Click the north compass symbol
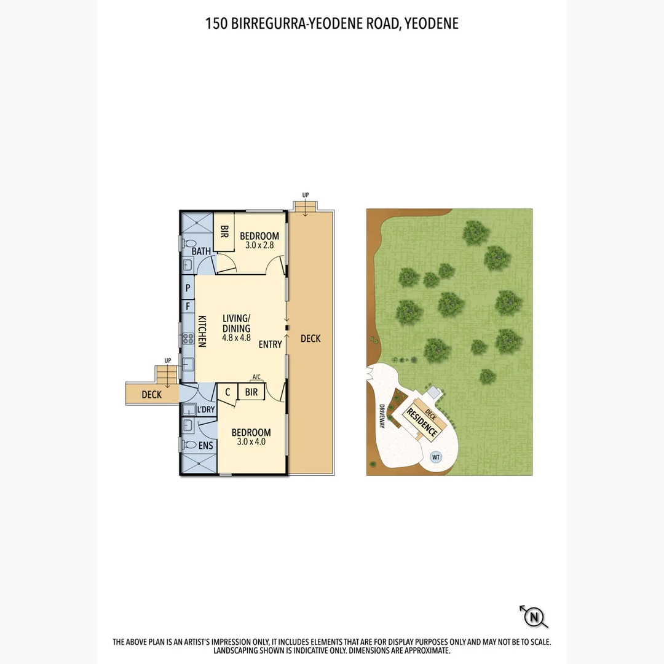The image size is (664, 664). [534, 616]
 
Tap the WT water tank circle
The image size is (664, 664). [436, 457]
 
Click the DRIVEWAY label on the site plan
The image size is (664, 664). [382, 416]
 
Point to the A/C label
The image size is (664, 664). [256, 377]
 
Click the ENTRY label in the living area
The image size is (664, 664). [270, 344]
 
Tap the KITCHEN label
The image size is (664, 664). [202, 331]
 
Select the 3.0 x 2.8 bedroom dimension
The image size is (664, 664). [259, 245]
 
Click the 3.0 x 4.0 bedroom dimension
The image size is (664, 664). [251, 441]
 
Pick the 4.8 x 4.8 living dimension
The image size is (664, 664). [236, 338]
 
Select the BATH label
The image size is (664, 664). [202, 251]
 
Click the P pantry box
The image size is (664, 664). [188, 288]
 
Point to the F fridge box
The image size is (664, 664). [188, 306]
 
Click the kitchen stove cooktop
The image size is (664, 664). [188, 339]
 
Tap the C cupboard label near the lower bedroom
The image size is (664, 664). [227, 392]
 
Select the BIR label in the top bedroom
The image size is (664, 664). [224, 232]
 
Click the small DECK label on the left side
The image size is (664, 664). [151, 395]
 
